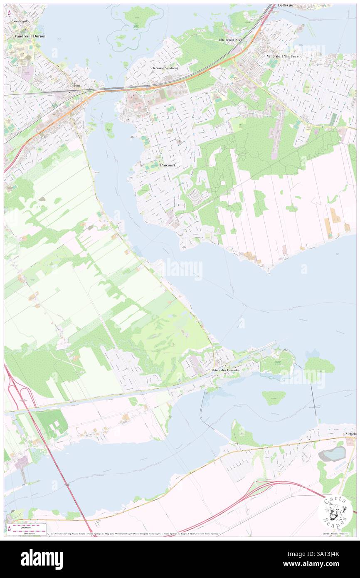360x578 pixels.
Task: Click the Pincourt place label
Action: pos(168,165)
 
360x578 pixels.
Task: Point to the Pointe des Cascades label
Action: pos(225,370)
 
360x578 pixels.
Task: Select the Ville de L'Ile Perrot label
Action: pos(284,56)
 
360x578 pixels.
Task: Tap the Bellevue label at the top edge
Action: pos(286,5)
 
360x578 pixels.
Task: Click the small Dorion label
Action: pos(75,85)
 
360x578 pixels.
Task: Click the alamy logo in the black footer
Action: pos(42,558)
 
